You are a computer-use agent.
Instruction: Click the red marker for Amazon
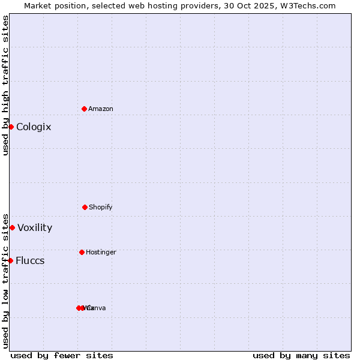click(x=85, y=109)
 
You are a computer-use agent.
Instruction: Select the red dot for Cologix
click(x=11, y=127)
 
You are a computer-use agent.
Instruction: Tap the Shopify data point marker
click(x=85, y=207)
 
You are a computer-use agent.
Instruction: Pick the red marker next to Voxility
click(x=12, y=227)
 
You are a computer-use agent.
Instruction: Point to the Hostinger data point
click(x=82, y=252)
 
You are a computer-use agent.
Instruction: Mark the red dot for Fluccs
click(x=10, y=260)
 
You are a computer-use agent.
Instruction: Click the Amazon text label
click(x=101, y=109)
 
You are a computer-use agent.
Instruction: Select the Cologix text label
click(x=34, y=127)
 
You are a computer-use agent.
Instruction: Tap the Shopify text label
click(x=101, y=208)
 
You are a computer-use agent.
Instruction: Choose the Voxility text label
click(x=35, y=228)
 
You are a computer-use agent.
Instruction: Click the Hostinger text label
click(x=101, y=253)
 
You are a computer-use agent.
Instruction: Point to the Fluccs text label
click(x=30, y=261)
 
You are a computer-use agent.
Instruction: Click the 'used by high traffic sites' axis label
click(x=5, y=85)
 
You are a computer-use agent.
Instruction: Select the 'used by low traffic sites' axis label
click(x=5, y=280)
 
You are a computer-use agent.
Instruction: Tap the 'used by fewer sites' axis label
click(x=62, y=355)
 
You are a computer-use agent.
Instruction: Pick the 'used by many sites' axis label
click(x=301, y=355)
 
